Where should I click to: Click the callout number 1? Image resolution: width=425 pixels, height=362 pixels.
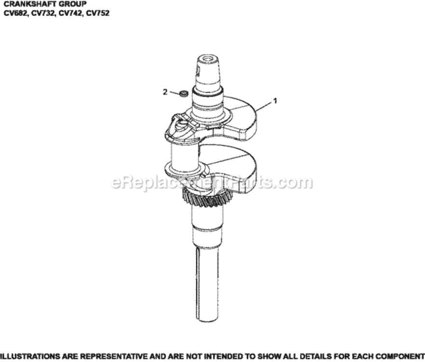pyautogui.click(x=275, y=101)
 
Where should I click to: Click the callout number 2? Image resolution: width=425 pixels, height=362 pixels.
pyautogui.click(x=165, y=92)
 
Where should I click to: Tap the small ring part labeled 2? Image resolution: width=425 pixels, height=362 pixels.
pyautogui.click(x=183, y=93)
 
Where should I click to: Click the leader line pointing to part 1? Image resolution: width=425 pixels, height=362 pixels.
pyautogui.click(x=264, y=105)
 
